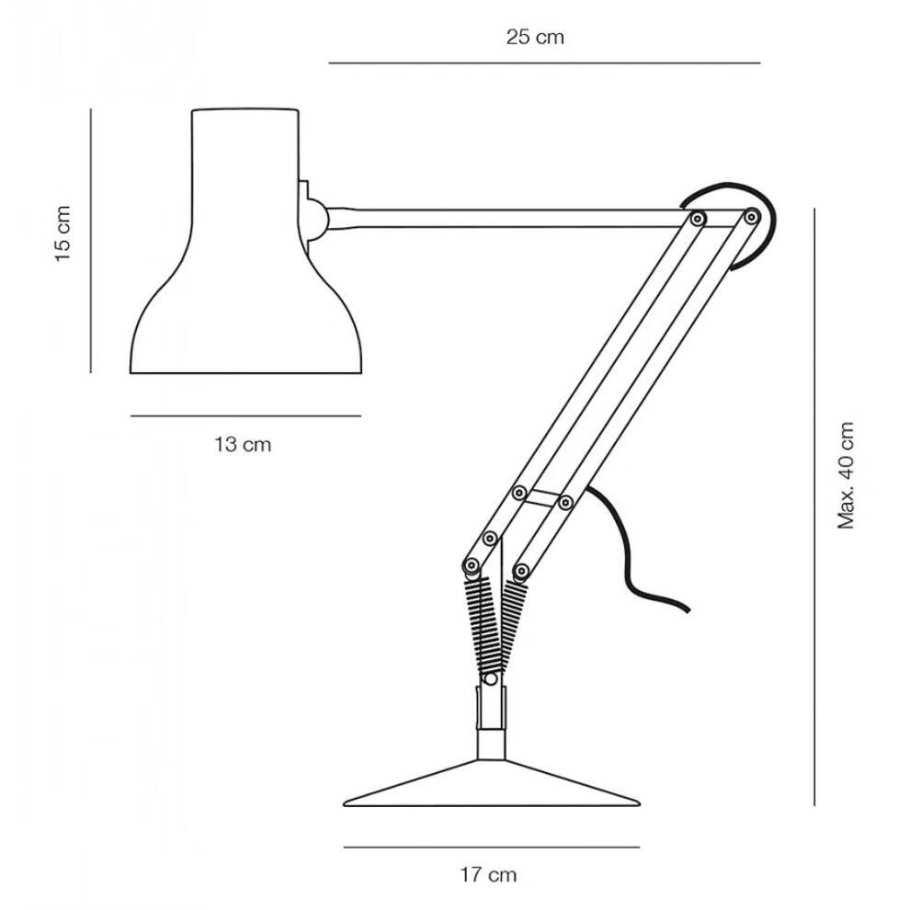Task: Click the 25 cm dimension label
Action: pyautogui.click(x=534, y=38)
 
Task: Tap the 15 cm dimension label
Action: pyautogui.click(x=63, y=233)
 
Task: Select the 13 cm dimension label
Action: pyautogui.click(x=243, y=445)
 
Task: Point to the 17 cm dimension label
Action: pyautogui.click(x=488, y=874)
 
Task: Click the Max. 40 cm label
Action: pyautogui.click(x=846, y=475)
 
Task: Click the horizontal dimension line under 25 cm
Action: pyautogui.click(x=544, y=63)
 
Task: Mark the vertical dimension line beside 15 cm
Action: pyautogui.click(x=91, y=240)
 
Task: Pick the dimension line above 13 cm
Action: pyautogui.click(x=245, y=415)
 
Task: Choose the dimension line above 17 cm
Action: pyautogui.click(x=492, y=847)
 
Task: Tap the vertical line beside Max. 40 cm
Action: pyautogui.click(x=814, y=506)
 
